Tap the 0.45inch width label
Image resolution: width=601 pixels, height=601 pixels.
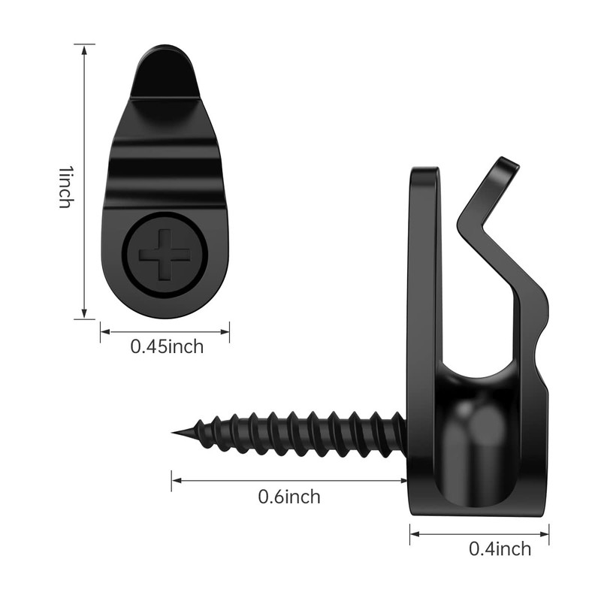pyautogui.click(x=167, y=346)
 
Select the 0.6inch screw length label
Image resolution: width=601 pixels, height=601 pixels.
pyautogui.click(x=289, y=497)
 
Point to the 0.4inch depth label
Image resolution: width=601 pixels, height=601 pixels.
pyautogui.click(x=500, y=548)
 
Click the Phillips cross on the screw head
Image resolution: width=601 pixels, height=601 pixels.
pyautogui.click(x=165, y=254)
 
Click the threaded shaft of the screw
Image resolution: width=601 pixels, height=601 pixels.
pyautogui.click(x=300, y=434)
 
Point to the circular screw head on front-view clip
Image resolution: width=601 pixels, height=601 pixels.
pyautogui.click(x=165, y=254)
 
